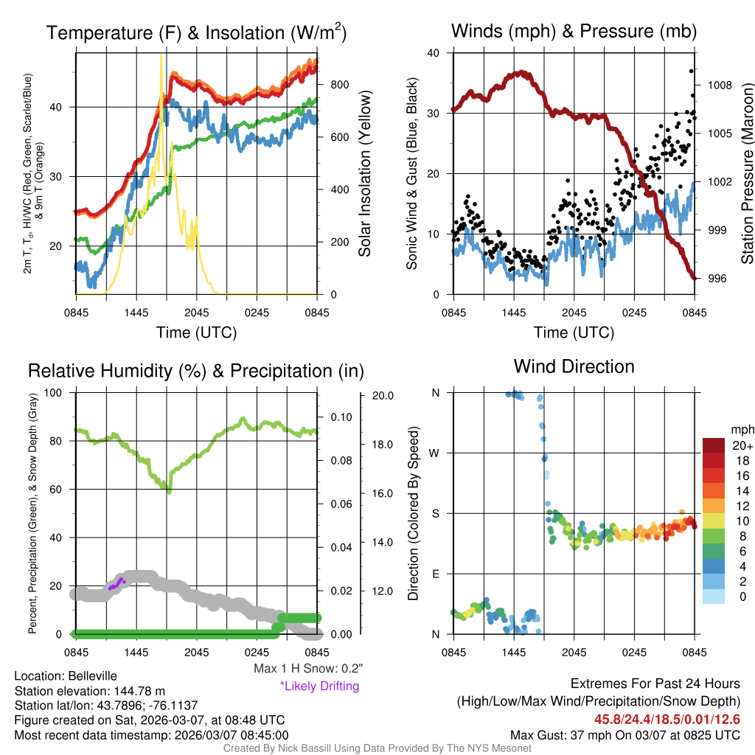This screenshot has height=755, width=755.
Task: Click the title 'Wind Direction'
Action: [574, 366]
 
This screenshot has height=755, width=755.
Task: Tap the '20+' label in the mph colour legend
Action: [741, 446]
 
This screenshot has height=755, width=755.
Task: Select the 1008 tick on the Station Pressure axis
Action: [719, 85]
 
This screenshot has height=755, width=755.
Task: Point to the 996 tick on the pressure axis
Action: [716, 278]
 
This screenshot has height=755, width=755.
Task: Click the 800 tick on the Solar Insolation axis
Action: [340, 85]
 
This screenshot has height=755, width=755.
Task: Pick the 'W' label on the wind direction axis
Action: [435, 453]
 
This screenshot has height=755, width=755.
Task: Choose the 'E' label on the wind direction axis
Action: [436, 574]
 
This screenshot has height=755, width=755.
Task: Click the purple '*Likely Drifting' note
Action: [319, 686]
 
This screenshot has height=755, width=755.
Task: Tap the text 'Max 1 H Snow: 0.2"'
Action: [308, 669]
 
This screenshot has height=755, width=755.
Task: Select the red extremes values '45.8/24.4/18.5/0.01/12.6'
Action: [667, 719]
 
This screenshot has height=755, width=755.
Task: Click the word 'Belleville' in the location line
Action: [90, 675]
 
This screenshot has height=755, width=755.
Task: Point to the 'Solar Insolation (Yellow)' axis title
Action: [365, 174]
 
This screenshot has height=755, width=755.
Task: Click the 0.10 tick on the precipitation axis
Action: [341, 417]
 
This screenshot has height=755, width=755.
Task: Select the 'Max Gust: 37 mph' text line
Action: [624, 735]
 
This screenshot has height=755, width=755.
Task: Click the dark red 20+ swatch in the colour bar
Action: [714, 445]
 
